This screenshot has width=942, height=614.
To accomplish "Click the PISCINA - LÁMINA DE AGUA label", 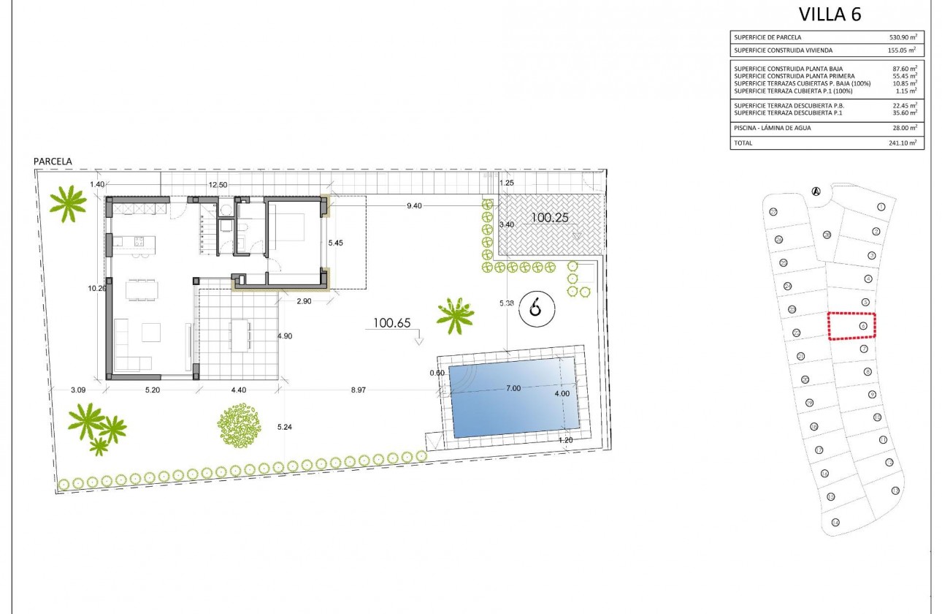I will tap(773, 128).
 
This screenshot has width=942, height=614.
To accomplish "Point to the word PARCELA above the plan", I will tap(53, 161).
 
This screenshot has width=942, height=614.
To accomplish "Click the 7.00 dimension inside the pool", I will tap(513, 388).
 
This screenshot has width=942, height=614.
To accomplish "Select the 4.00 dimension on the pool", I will tap(562, 394).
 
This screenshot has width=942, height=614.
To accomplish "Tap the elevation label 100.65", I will tap(393, 322).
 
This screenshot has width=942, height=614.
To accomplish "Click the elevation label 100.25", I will tap(551, 217).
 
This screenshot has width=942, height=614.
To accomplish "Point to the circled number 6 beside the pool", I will tap(537, 310).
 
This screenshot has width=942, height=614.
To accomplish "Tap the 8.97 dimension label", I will tap(358, 390).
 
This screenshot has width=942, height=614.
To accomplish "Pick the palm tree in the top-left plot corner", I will tap(68, 202).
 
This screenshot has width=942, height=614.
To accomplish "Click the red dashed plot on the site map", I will tap(851, 326).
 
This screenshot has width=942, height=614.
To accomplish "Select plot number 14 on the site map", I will tap(835, 522).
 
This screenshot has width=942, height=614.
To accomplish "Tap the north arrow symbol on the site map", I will tap(816, 192).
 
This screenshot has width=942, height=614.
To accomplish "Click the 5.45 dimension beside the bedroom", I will tap(335, 243).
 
